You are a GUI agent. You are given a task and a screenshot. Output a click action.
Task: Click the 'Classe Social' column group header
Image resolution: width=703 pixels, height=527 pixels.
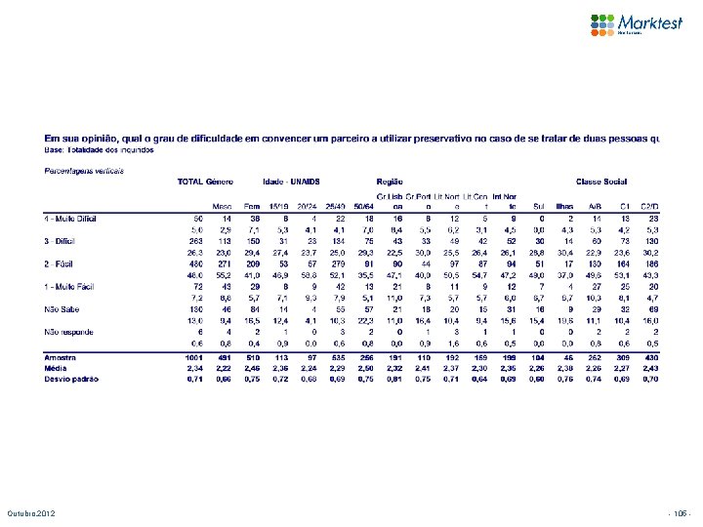click(601, 182)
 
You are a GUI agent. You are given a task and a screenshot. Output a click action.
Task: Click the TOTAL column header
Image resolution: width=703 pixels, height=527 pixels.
click(188, 182)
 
